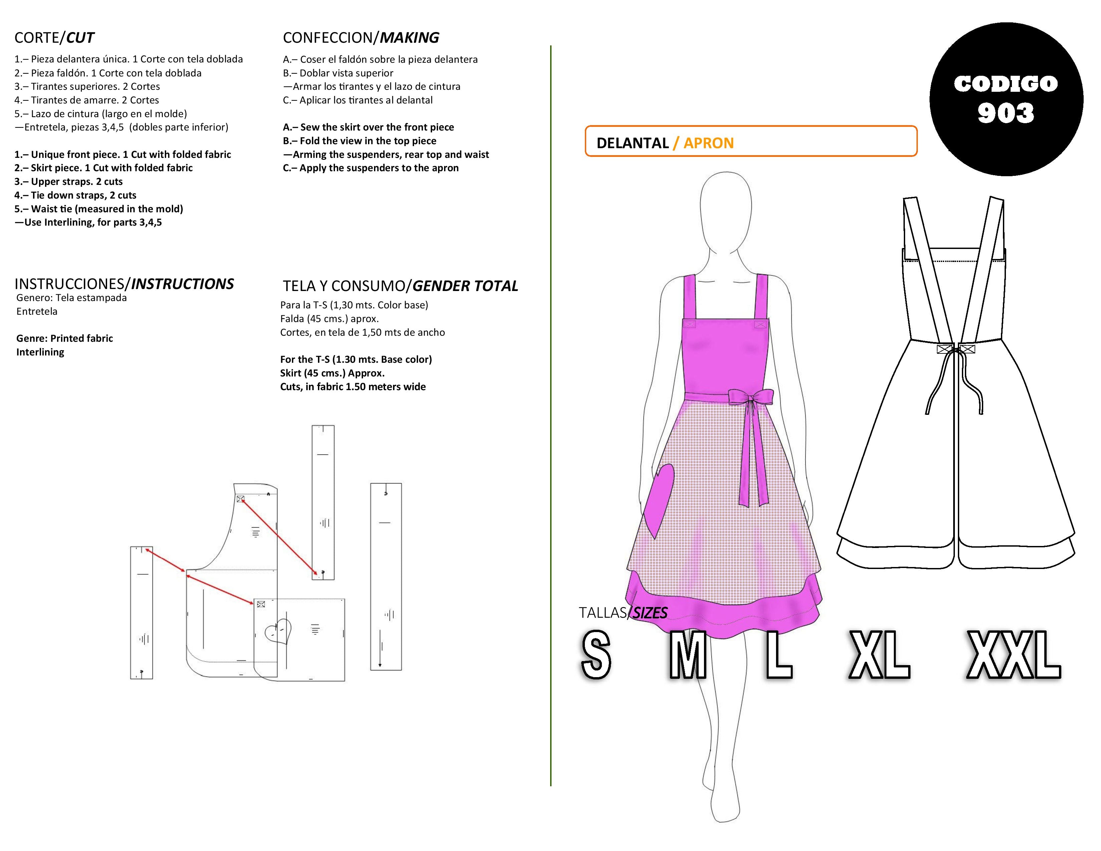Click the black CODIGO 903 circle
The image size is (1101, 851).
coord(1006,99)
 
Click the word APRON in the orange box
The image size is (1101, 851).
coord(708,143)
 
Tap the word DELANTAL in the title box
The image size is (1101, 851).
coord(632,143)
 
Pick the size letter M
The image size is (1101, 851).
coord(687,654)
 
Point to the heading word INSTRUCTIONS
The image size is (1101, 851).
coord(182,284)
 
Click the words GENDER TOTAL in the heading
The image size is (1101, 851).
coord(465,286)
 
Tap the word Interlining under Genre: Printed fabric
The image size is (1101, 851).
coord(40,352)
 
